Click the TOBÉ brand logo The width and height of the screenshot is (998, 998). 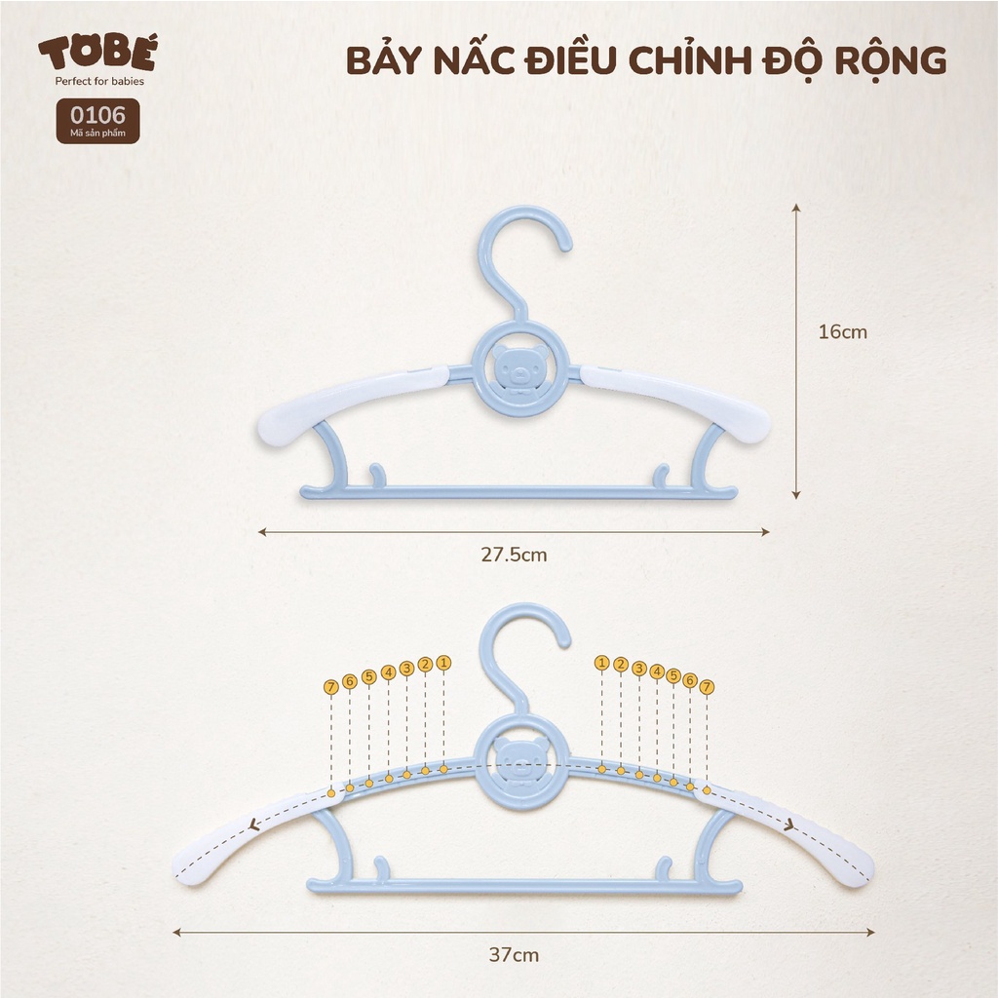point(96,55)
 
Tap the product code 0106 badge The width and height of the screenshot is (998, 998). point(97,121)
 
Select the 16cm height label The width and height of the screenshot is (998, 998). point(842,331)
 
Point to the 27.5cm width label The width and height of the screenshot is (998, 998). point(514,555)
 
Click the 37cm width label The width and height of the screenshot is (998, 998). point(514,954)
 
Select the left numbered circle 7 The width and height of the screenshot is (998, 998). point(331,687)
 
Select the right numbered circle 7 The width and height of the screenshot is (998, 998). point(707,687)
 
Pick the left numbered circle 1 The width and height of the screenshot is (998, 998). point(444,663)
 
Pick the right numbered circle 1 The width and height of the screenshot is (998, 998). point(601,663)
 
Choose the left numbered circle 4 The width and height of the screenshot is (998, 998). point(388,672)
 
